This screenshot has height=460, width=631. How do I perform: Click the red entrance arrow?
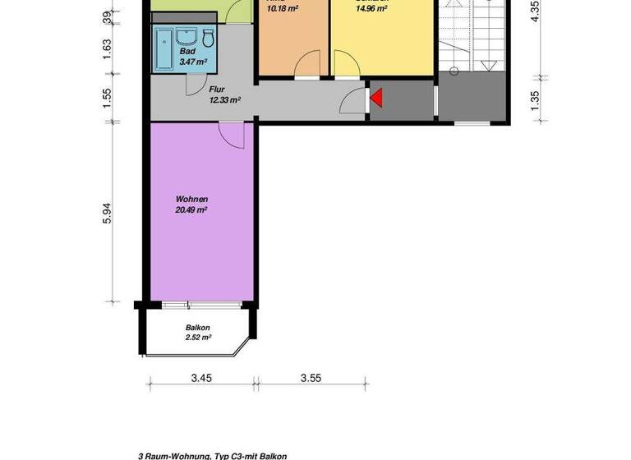click(376, 99)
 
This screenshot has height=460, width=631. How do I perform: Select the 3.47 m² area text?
click(192, 62)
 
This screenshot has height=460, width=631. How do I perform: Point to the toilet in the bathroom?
click(208, 38)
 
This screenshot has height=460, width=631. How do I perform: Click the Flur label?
click(217, 90)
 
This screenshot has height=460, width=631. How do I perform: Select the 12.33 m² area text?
click(224, 99)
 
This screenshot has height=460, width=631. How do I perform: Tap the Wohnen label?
click(191, 200)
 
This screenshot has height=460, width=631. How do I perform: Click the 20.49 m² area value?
click(191, 209)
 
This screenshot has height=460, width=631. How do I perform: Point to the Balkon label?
click(197, 326)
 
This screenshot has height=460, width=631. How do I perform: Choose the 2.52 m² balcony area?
click(198, 336)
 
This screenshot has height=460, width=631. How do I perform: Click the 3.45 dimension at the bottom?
click(202, 379)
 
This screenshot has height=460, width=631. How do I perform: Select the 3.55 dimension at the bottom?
click(310, 379)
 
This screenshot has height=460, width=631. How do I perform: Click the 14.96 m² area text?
click(371, 11)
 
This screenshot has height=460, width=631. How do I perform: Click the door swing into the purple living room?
click(231, 134)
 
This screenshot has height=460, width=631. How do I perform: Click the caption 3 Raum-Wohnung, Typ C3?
click(212, 454)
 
